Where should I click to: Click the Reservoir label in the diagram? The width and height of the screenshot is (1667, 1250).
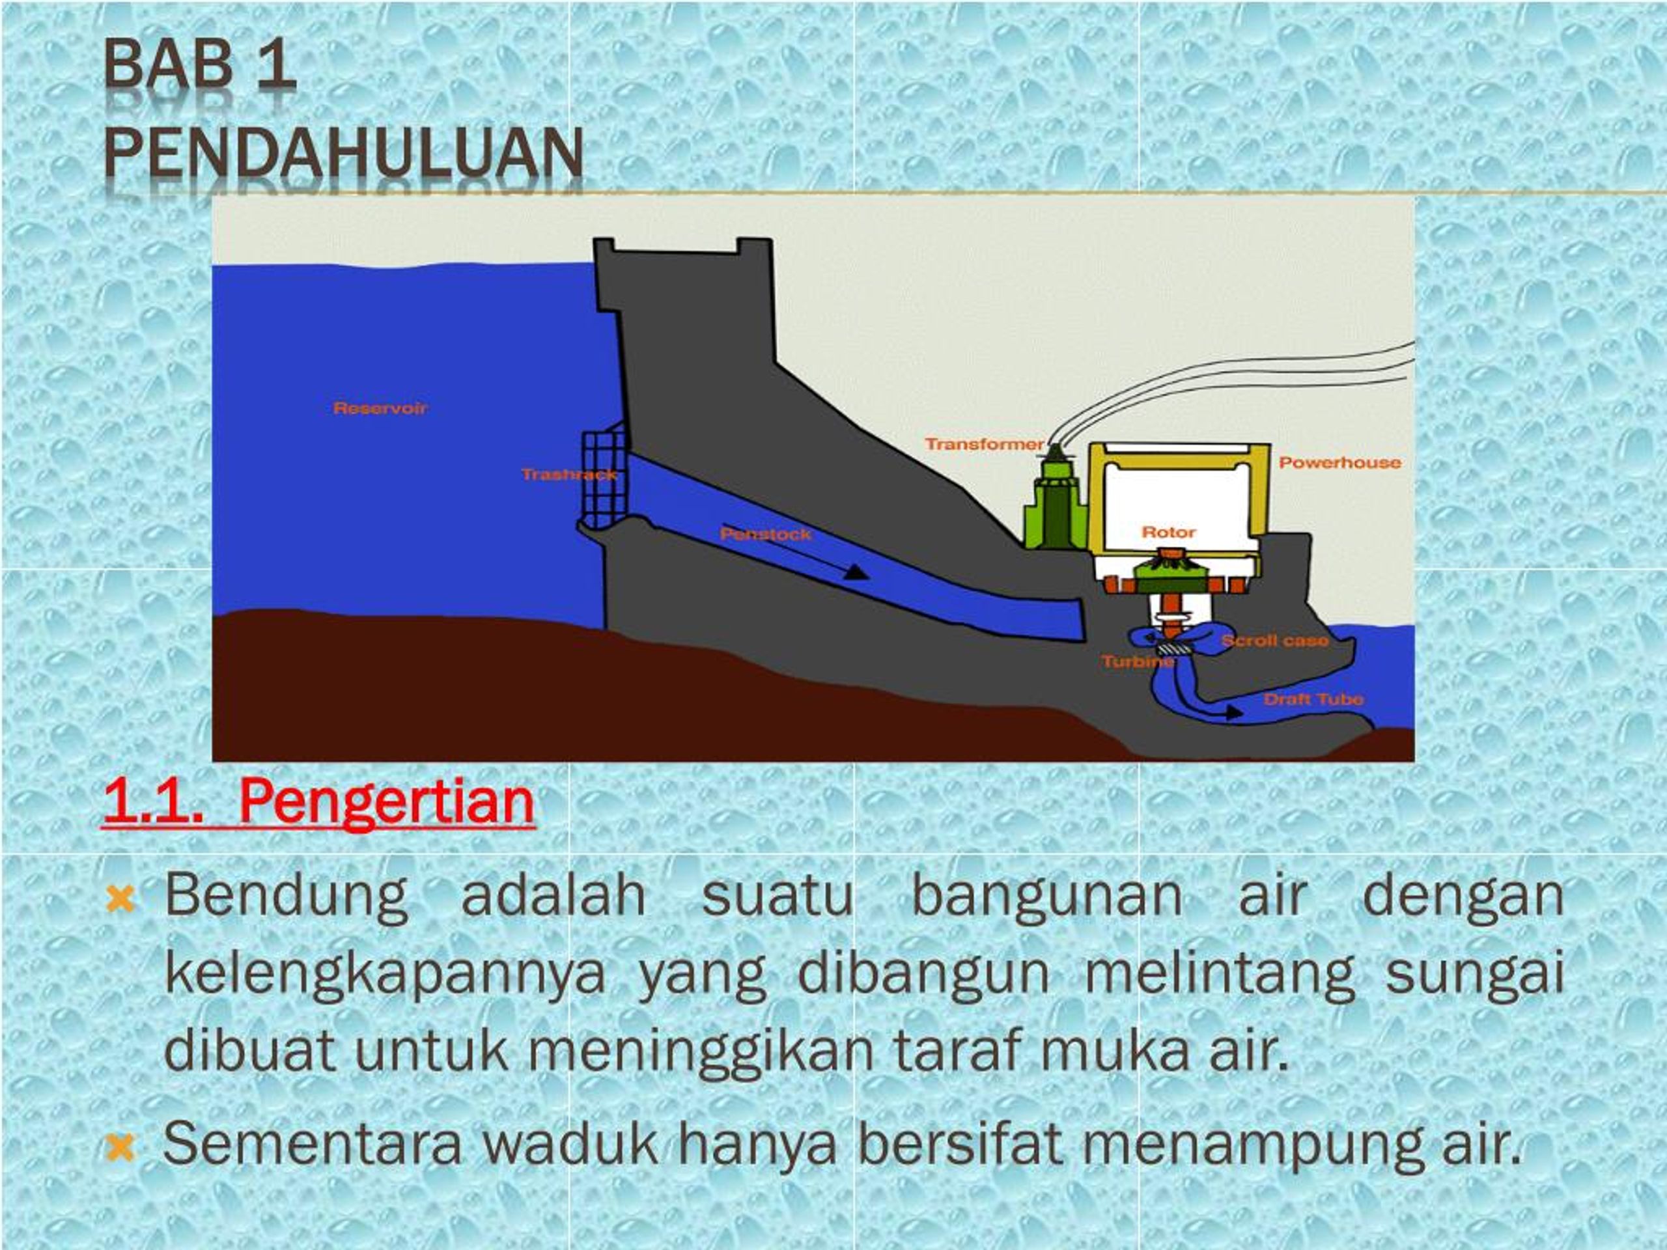(380, 408)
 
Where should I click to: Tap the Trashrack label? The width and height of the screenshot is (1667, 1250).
(569, 475)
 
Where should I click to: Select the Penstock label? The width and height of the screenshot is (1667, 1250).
(766, 535)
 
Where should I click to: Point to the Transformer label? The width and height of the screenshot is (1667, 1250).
(984, 444)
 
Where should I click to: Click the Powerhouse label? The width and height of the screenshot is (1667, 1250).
(1340, 463)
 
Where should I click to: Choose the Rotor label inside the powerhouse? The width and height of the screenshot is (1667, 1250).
(1169, 532)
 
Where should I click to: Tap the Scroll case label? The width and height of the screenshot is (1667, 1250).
(1275, 641)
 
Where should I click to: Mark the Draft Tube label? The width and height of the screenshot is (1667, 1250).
(1313, 699)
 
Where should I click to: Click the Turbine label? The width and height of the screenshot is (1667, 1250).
(1137, 661)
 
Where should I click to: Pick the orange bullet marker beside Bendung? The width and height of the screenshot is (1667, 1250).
(120, 899)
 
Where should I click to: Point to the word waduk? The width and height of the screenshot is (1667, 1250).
(570, 1144)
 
